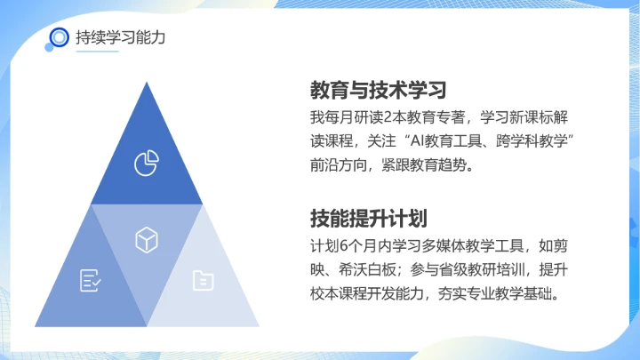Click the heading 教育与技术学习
coord(378,91)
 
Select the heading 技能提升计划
coord(366,219)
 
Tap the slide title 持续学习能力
coord(121,37)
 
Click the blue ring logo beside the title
coord(59,37)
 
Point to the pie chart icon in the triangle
coord(145,163)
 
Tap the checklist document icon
coord(90,280)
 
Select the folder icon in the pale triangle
coord(203,280)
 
